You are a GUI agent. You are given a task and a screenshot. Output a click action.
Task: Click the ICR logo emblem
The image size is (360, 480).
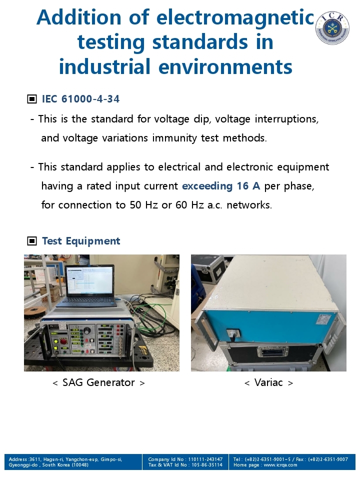tap(332, 28)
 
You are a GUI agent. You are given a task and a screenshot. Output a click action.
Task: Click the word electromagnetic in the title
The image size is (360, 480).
tap(235, 17)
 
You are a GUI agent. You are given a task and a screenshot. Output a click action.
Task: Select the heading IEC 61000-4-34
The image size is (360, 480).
tap(80, 99)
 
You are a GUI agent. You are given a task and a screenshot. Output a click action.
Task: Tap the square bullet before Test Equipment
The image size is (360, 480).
tap(32, 241)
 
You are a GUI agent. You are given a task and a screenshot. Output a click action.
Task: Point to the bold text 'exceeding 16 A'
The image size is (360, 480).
tap(221, 186)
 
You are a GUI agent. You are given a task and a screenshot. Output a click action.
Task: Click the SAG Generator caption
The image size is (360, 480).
tap(98, 382)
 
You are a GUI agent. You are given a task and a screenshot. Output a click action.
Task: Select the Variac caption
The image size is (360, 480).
tap(268, 382)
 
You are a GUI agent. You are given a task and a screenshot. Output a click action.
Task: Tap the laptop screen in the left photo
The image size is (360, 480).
tap(89, 280)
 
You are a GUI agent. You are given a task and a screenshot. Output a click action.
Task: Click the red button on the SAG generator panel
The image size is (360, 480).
tap(63, 341)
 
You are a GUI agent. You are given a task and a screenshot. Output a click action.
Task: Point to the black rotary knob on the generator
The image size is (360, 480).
tap(87, 331)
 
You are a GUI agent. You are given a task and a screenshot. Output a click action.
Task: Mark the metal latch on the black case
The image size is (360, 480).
tap(272, 352)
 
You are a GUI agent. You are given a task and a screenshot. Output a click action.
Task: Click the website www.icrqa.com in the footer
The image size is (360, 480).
tap(280, 465)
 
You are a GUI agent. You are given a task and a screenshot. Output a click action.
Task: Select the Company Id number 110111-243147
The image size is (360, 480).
tap(205, 459)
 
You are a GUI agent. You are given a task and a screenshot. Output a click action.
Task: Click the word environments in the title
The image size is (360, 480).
tap(225, 66)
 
